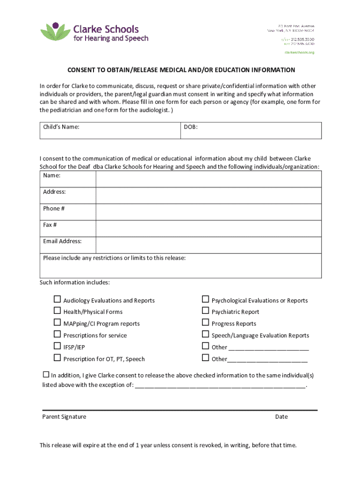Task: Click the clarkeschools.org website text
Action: click(x=299, y=52)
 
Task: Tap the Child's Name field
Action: click(x=110, y=131)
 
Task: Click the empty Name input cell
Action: click(x=209, y=179)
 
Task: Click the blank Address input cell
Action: click(x=209, y=196)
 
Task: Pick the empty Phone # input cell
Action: click(x=209, y=212)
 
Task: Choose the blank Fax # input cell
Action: click(x=209, y=228)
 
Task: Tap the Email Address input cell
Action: click(x=209, y=245)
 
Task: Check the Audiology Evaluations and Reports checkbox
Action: click(x=57, y=299)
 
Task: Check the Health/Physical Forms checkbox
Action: click(x=57, y=311)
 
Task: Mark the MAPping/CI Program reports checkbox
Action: click(x=57, y=323)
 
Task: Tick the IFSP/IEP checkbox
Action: click(x=57, y=347)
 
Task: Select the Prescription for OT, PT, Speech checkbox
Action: click(x=57, y=358)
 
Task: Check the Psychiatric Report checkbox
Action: click(x=205, y=311)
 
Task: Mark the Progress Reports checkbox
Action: click(x=205, y=323)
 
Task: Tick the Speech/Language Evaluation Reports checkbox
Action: click(x=205, y=334)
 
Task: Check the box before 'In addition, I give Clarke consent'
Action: click(x=46, y=375)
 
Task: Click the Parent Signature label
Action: click(x=64, y=417)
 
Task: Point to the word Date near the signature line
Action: click(x=281, y=417)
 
